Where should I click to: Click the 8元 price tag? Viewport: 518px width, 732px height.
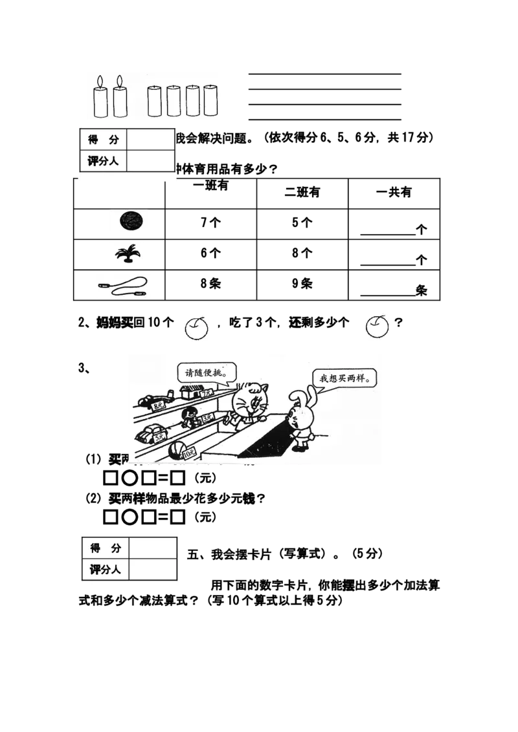click(159, 406)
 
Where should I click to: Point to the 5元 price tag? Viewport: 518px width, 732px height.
click(159, 438)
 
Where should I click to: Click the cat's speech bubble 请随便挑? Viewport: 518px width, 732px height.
click(207, 372)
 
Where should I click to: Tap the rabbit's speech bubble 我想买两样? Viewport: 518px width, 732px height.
click(344, 378)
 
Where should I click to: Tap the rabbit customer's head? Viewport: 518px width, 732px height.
click(299, 414)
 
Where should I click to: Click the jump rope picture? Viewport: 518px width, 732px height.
click(124, 286)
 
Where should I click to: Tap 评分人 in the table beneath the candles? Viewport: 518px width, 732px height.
click(103, 161)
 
